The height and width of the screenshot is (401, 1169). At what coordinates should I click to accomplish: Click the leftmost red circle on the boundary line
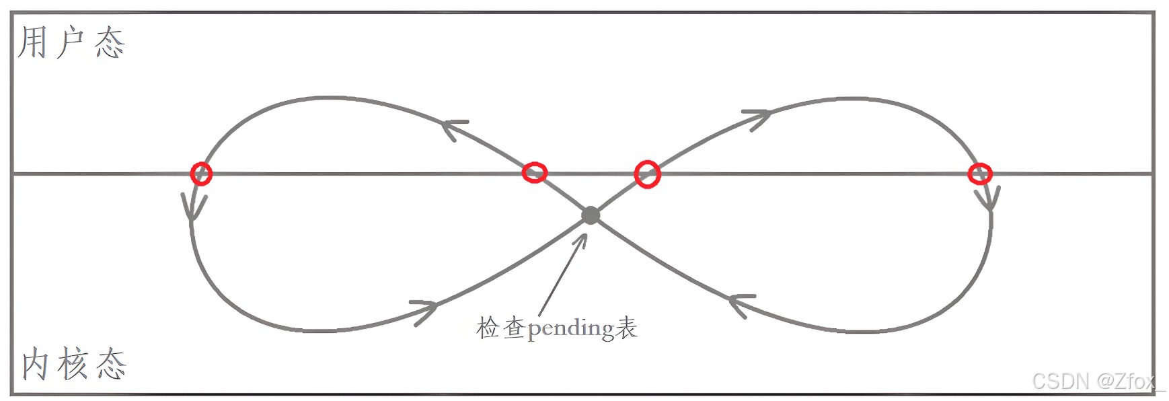(201, 174)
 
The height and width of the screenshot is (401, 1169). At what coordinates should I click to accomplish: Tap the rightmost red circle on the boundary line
(979, 174)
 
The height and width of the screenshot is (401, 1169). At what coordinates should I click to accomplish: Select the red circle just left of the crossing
(535, 173)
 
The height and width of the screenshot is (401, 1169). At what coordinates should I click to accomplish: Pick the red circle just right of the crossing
(647, 174)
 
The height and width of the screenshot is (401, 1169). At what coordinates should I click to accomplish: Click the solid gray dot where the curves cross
(591, 215)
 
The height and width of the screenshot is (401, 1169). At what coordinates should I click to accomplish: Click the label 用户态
(71, 43)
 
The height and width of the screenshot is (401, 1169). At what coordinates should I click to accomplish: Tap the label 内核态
(74, 364)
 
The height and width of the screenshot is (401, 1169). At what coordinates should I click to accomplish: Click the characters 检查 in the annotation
(501, 328)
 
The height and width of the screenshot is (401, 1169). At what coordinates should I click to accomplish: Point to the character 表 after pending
(626, 328)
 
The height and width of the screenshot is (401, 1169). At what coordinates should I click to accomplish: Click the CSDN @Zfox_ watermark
(1098, 381)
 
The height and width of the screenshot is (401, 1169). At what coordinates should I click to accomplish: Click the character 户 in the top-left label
(71, 43)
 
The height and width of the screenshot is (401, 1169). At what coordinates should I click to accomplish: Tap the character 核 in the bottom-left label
(73, 364)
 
